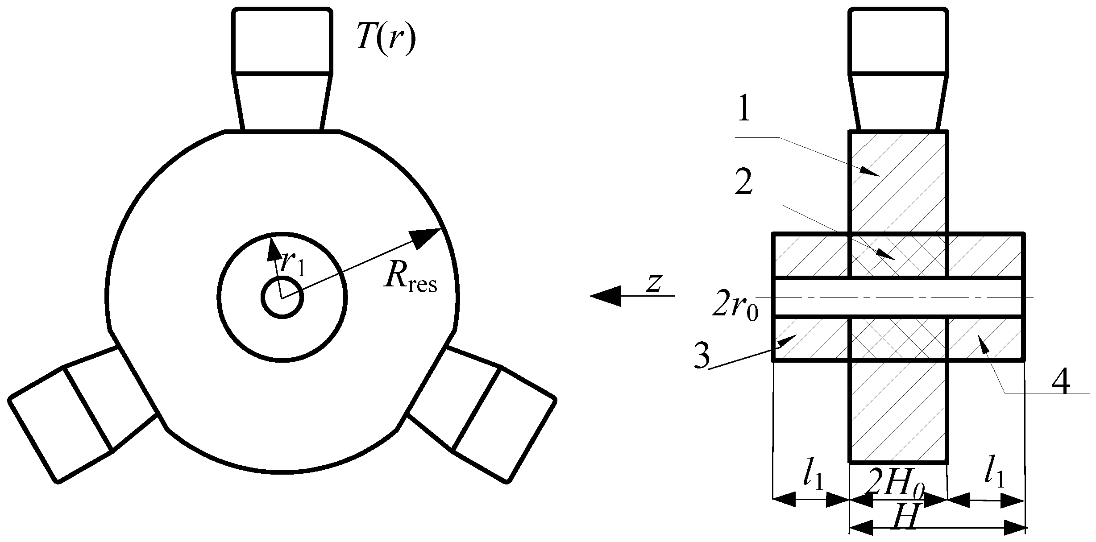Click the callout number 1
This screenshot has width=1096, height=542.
pyautogui.click(x=743, y=109)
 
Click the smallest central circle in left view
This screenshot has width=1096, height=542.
pyautogui.click(x=282, y=297)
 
